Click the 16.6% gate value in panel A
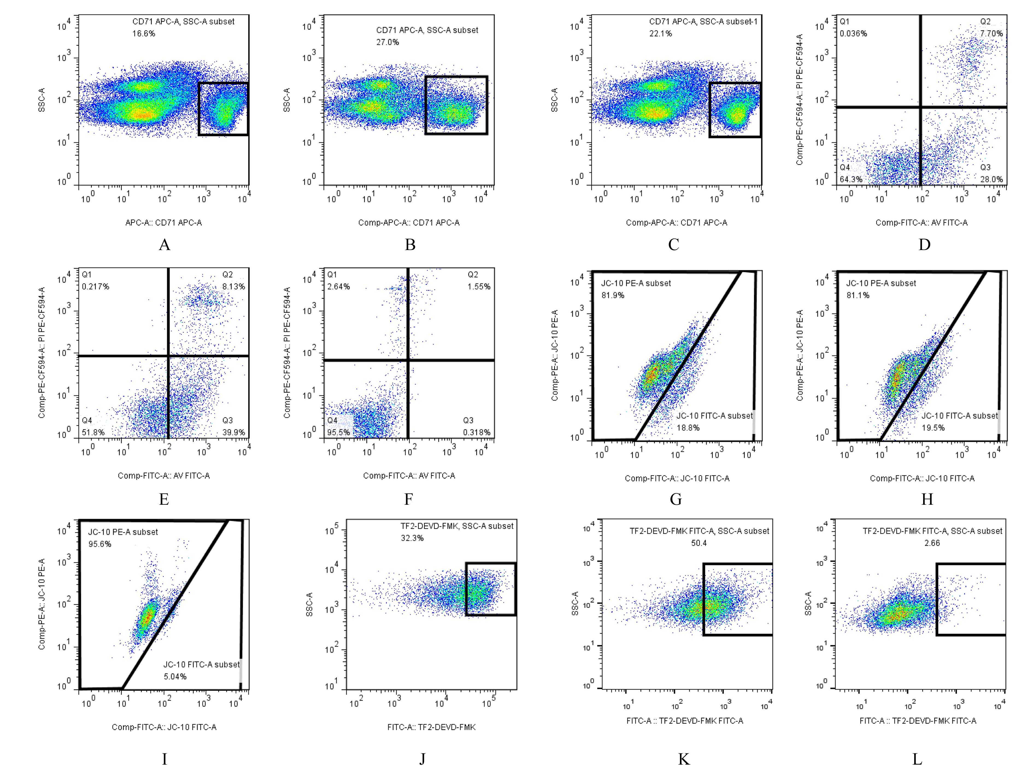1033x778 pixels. coord(144,34)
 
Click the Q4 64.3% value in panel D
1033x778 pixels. coord(851,179)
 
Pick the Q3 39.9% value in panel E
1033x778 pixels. coord(233,432)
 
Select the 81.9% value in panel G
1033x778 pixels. coord(613,295)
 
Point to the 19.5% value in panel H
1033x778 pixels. coord(933,428)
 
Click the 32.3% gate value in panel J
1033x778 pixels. coord(412,538)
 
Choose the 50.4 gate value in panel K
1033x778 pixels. coord(699,543)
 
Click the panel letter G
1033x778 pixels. coord(676,500)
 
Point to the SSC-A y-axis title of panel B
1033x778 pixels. coord(287,100)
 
